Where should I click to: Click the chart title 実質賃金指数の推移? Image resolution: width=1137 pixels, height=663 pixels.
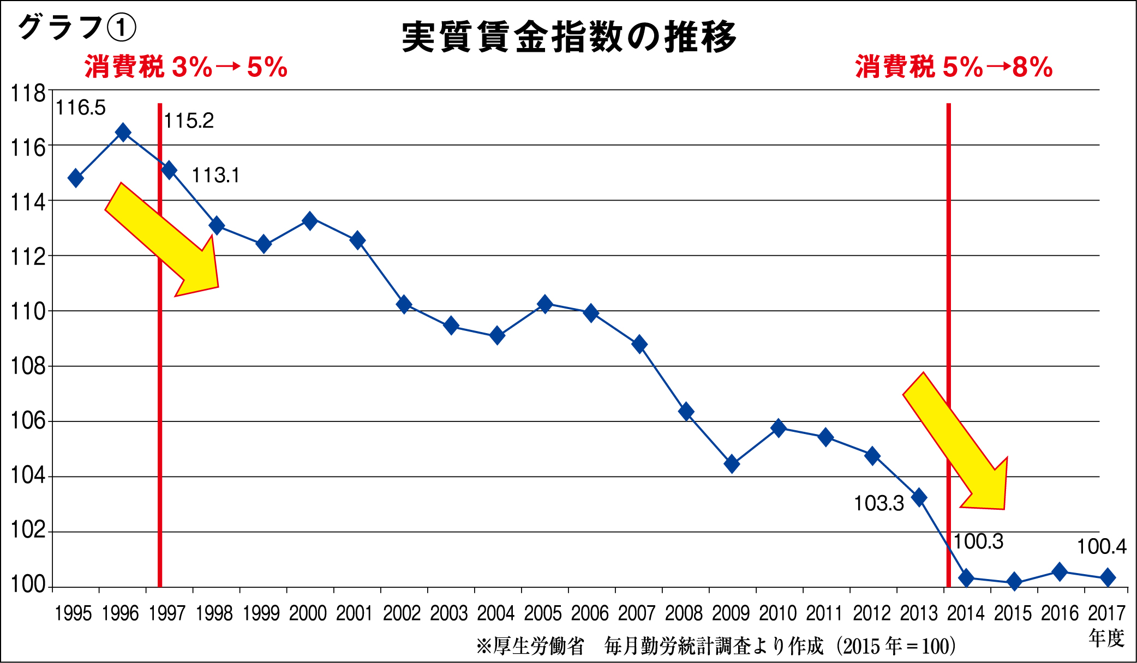pyautogui.click(x=569, y=37)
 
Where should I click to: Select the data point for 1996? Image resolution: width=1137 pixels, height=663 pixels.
pyautogui.click(x=123, y=132)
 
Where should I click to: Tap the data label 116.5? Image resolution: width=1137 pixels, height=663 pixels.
pyautogui.click(x=81, y=108)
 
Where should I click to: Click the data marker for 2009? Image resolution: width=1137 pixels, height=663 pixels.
pyautogui.click(x=732, y=465)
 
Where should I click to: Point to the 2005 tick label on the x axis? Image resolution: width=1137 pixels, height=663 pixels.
pyautogui.click(x=543, y=613)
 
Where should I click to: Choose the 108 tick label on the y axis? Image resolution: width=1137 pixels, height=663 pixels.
pyautogui.click(x=28, y=366)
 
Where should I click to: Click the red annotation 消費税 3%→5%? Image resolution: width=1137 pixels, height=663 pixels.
pyautogui.click(x=185, y=68)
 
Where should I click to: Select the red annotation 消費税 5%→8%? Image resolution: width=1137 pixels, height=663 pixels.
pyautogui.click(x=954, y=68)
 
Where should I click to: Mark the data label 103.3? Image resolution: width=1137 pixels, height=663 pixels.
pyautogui.click(x=879, y=503)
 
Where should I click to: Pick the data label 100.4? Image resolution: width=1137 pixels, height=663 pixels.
pyautogui.click(x=1101, y=546)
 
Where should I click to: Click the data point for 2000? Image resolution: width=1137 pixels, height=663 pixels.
pyautogui.click(x=310, y=221)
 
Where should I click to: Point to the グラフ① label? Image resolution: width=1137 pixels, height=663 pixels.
pyautogui.click(x=76, y=27)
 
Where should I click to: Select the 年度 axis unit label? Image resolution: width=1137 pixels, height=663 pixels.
pyautogui.click(x=1106, y=638)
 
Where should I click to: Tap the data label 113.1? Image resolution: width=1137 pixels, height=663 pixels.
pyautogui.click(x=216, y=176)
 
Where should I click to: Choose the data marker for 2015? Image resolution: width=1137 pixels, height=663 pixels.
pyautogui.click(x=1014, y=582)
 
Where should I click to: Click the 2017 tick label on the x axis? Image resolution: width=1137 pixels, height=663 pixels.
pyautogui.click(x=1107, y=613)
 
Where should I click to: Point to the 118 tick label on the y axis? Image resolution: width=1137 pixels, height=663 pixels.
pyautogui.click(x=28, y=94)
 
